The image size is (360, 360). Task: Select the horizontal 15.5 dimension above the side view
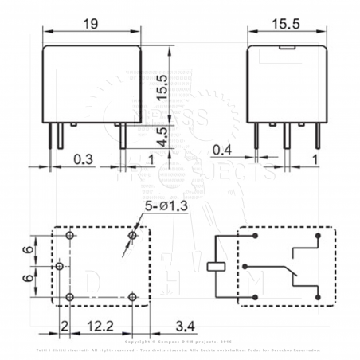click(285, 25)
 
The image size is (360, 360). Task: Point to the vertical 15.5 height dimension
click(162, 84)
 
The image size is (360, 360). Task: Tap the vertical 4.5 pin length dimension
click(162, 135)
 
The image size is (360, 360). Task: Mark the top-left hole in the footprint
click(70, 237)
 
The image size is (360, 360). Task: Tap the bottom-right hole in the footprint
click(132, 297)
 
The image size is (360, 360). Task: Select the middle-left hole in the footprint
click(60, 267)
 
